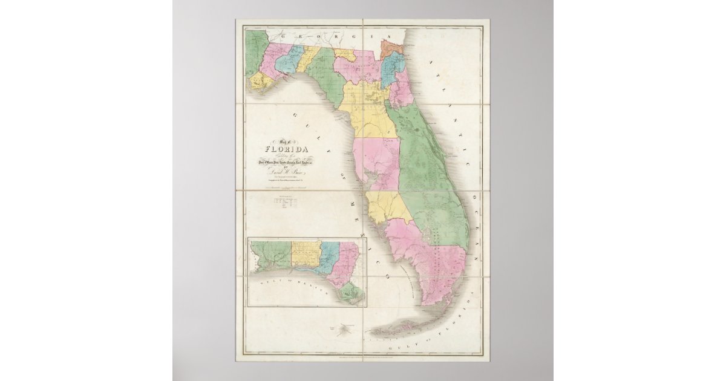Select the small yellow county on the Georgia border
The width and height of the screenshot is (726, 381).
click(x=345, y=54)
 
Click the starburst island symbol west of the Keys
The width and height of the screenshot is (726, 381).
click(x=339, y=330)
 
